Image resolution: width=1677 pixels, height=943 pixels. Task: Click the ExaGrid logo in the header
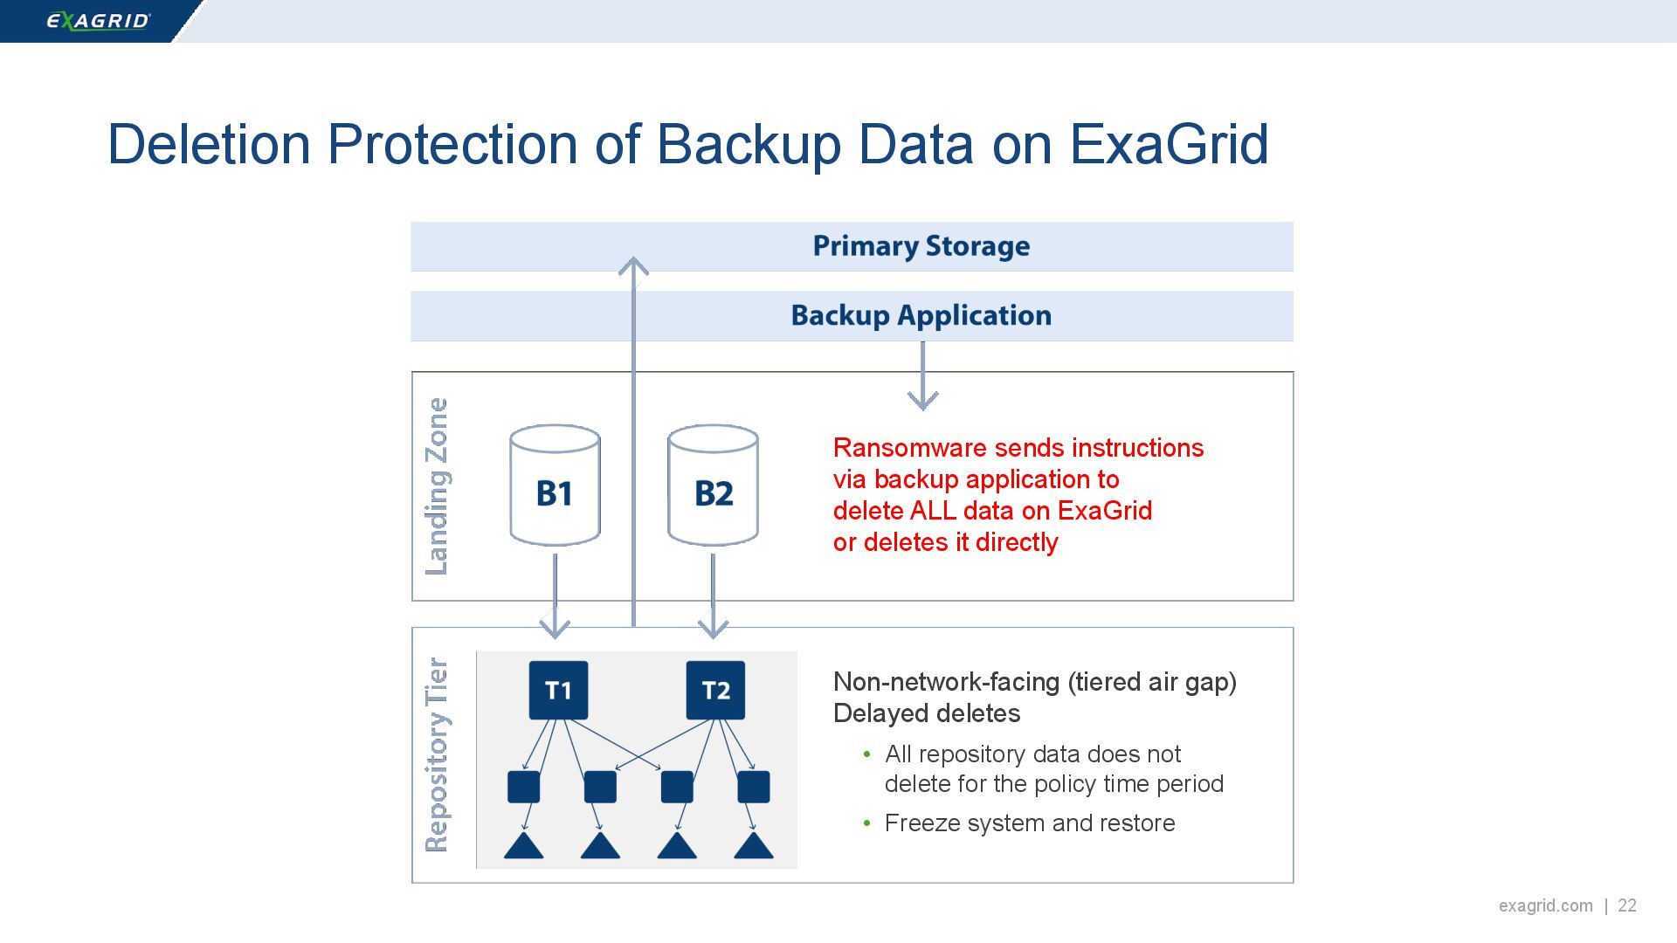pos(98,20)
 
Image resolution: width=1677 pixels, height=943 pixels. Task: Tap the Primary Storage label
pos(921,246)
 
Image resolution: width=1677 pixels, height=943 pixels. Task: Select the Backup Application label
pos(921,315)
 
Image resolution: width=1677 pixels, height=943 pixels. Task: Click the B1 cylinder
pos(555,486)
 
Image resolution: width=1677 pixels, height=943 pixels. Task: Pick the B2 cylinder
pos(713,486)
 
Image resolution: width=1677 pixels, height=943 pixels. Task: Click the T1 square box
pos(558,691)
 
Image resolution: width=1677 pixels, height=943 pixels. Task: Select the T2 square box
pos(715,691)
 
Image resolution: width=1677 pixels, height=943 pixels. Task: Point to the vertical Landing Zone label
pos(436,486)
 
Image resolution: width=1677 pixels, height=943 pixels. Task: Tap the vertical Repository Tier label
pos(436,754)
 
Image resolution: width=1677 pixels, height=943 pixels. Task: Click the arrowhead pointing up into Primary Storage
pos(633,265)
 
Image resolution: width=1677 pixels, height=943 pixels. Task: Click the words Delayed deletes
pos(926,713)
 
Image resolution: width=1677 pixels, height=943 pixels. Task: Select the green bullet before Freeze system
pos(866,823)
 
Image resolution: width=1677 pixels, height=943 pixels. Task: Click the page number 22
pos(1627,905)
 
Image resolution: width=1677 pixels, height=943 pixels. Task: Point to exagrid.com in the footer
pos(1545,905)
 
